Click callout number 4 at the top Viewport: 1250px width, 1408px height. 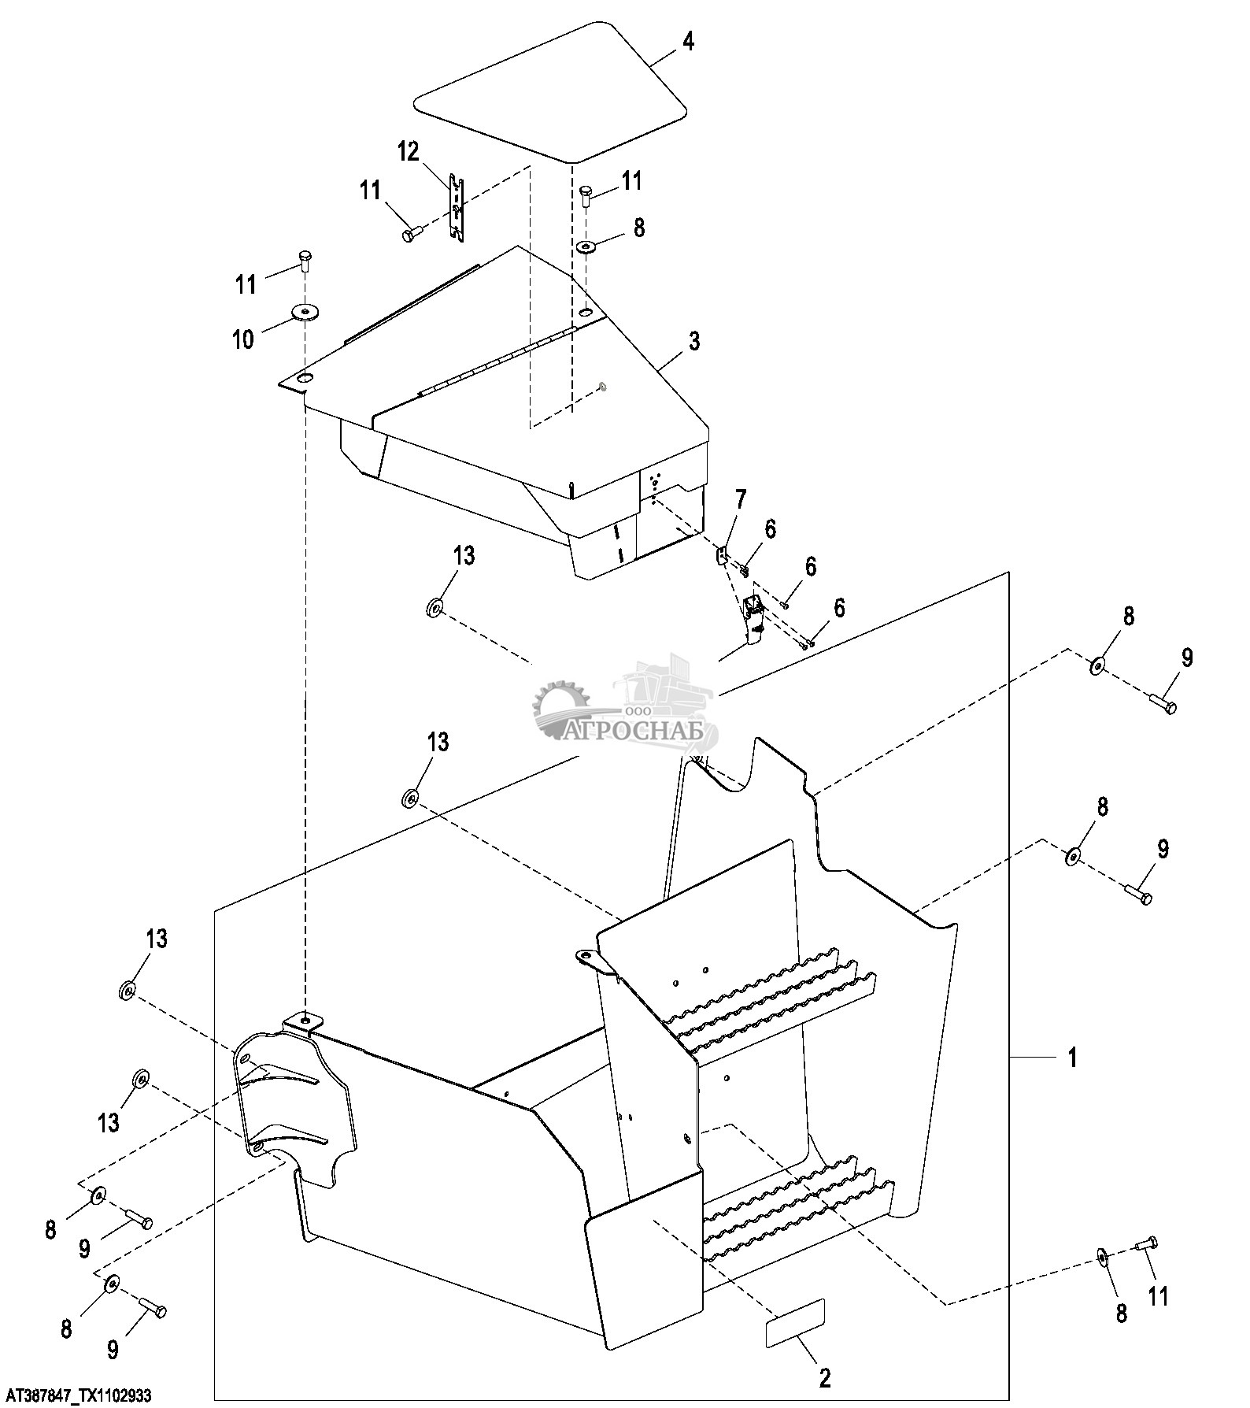(688, 42)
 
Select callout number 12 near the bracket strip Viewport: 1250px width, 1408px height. (409, 152)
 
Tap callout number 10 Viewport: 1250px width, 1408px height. (243, 339)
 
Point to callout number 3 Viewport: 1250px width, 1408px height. (693, 341)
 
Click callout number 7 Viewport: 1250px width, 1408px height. (741, 498)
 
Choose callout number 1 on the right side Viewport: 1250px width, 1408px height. (1071, 1057)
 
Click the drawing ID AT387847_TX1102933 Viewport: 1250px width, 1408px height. (76, 1396)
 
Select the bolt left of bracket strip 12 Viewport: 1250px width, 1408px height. (413, 233)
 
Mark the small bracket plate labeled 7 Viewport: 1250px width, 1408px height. (722, 555)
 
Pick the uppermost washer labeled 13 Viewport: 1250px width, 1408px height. (434, 608)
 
